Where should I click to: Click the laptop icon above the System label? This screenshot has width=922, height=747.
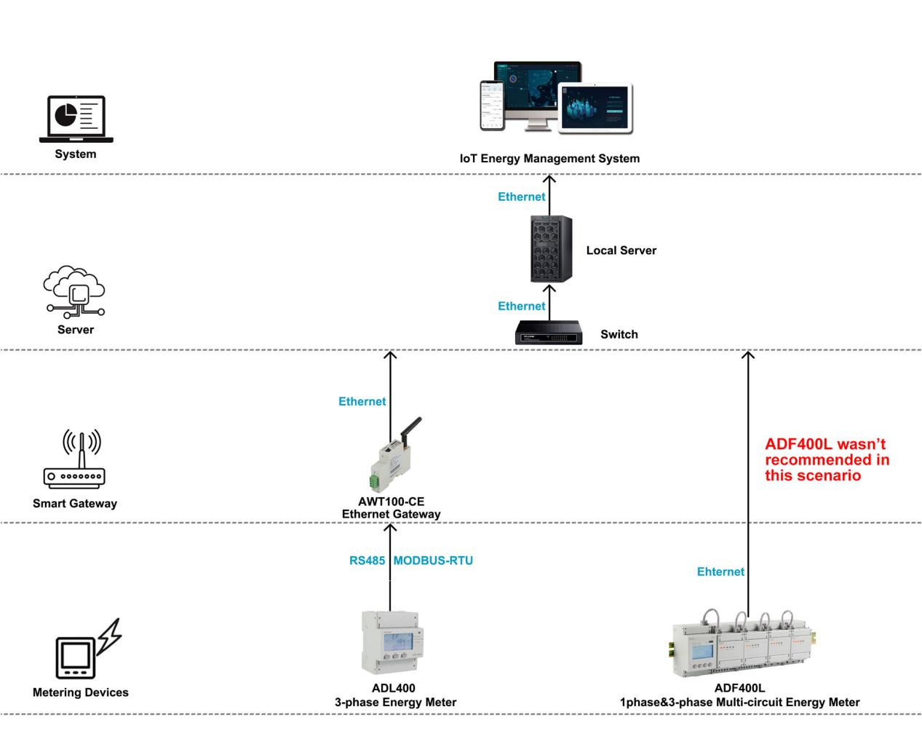[x=76, y=119]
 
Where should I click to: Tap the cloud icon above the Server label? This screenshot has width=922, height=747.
[x=75, y=291]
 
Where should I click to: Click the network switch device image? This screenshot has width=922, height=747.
[x=549, y=333]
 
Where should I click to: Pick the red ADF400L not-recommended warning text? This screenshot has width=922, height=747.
[x=827, y=459]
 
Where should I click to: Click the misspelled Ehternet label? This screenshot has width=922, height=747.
[x=720, y=572]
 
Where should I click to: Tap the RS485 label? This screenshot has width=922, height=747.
[x=367, y=561]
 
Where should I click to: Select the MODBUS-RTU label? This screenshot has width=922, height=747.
[x=433, y=561]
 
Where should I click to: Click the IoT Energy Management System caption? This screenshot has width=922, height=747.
[x=549, y=158]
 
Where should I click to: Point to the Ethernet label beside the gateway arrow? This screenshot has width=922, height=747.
[x=362, y=401]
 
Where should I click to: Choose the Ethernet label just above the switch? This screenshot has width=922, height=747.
[x=521, y=306]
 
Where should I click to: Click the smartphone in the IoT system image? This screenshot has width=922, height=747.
[x=492, y=105]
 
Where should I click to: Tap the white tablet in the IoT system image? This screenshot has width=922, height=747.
[x=595, y=108]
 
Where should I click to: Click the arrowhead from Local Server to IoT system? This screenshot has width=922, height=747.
[x=549, y=178]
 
